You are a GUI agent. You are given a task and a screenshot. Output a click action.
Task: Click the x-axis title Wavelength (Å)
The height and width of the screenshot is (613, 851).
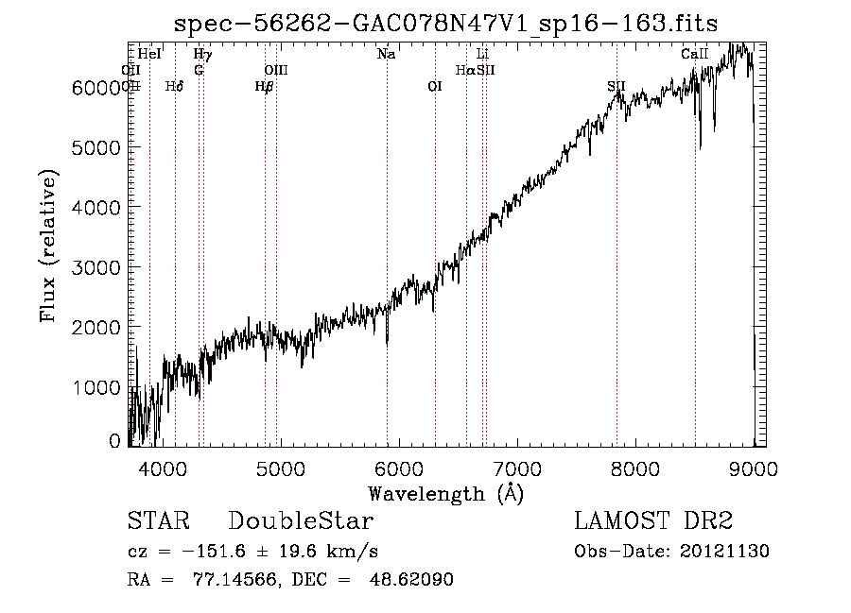coord(445,493)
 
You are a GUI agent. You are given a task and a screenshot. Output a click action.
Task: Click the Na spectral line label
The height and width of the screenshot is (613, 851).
coord(386,55)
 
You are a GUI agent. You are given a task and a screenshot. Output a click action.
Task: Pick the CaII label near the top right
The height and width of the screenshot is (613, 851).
coord(695,55)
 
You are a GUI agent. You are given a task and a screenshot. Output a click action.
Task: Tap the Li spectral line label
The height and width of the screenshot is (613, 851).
coord(482,55)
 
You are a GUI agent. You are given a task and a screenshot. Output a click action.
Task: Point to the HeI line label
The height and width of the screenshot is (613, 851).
coord(149,55)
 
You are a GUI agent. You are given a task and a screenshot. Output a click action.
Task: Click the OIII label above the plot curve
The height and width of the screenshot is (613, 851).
coord(276,70)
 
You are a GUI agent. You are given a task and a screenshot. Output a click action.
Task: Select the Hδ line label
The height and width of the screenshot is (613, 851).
coord(174,87)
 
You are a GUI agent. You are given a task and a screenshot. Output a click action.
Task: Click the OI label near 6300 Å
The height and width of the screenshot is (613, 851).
coord(435,87)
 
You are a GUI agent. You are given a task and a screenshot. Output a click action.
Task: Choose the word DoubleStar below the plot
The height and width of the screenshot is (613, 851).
coord(301,521)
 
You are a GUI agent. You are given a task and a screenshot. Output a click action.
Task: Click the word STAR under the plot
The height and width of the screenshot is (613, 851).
coord(158,521)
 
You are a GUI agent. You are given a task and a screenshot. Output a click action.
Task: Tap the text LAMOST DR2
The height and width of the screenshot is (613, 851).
coord(653,521)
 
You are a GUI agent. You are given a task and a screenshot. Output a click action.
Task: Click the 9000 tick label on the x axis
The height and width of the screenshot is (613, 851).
coord(754,468)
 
